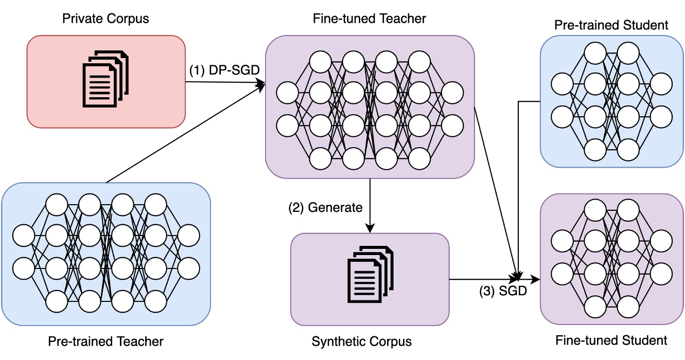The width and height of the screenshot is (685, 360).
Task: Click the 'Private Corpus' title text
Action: [x=106, y=19]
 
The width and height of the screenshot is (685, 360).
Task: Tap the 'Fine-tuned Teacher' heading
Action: [x=370, y=19]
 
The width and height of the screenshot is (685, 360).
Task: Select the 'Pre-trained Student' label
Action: [x=611, y=25]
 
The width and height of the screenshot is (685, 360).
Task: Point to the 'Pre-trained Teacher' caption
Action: [x=106, y=341]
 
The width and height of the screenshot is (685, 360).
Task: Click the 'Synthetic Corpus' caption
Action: [x=370, y=341]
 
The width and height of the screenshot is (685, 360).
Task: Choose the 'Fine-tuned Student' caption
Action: [x=611, y=340]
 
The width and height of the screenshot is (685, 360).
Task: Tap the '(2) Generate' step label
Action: [x=325, y=208]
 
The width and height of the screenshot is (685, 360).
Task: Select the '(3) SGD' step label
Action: [x=502, y=291]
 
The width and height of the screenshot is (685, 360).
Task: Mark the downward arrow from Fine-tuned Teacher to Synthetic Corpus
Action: [x=370, y=206]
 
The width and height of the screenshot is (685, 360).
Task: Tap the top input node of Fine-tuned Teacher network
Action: [x=287, y=93]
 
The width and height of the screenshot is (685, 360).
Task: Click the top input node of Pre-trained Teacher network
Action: [x=24, y=236]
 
